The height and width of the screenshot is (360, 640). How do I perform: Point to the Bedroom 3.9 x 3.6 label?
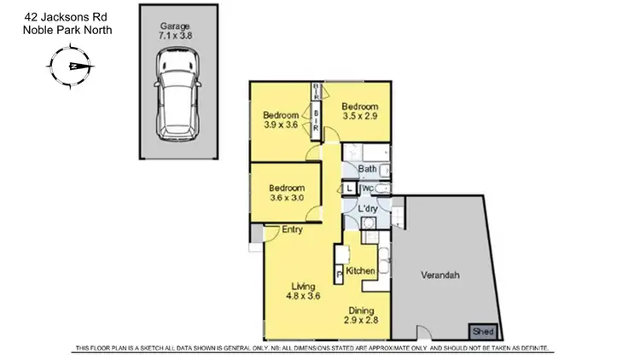tap(281, 120)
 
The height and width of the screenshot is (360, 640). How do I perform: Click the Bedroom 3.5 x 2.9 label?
tap(359, 112)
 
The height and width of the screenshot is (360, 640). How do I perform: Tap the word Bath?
tap(368, 169)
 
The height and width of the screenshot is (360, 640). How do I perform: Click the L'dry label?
tap(368, 209)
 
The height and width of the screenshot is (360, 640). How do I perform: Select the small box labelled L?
tap(350, 189)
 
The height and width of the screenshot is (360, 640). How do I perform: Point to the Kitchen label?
tap(361, 270)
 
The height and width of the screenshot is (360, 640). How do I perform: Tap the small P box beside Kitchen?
tap(340, 274)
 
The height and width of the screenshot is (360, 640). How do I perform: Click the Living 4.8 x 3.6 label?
tap(305, 292)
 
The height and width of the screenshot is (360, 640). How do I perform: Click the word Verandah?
tap(441, 276)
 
